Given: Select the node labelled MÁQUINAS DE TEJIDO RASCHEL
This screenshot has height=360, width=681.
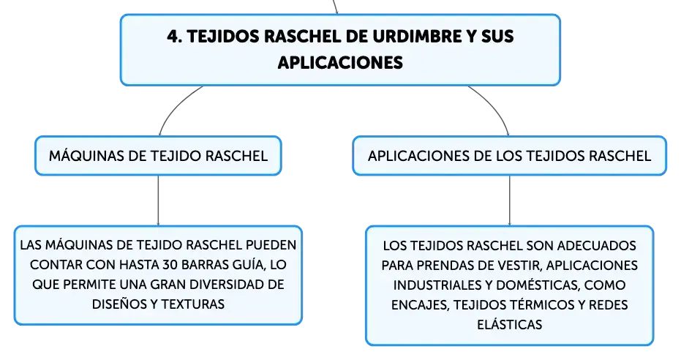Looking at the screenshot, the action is [158, 155].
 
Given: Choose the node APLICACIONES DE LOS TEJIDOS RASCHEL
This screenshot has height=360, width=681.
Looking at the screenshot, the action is [509, 155].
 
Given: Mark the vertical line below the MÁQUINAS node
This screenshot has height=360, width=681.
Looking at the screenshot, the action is [158, 200].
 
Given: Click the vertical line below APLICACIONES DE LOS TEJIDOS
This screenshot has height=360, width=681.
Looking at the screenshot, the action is [509, 200].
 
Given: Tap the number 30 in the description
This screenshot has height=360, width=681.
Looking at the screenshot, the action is [170, 264].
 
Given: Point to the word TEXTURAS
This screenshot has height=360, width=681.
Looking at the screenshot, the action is [193, 304].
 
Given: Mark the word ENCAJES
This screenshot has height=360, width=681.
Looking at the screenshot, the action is [420, 305].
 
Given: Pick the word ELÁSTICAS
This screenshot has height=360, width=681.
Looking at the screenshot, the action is [509, 324].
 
